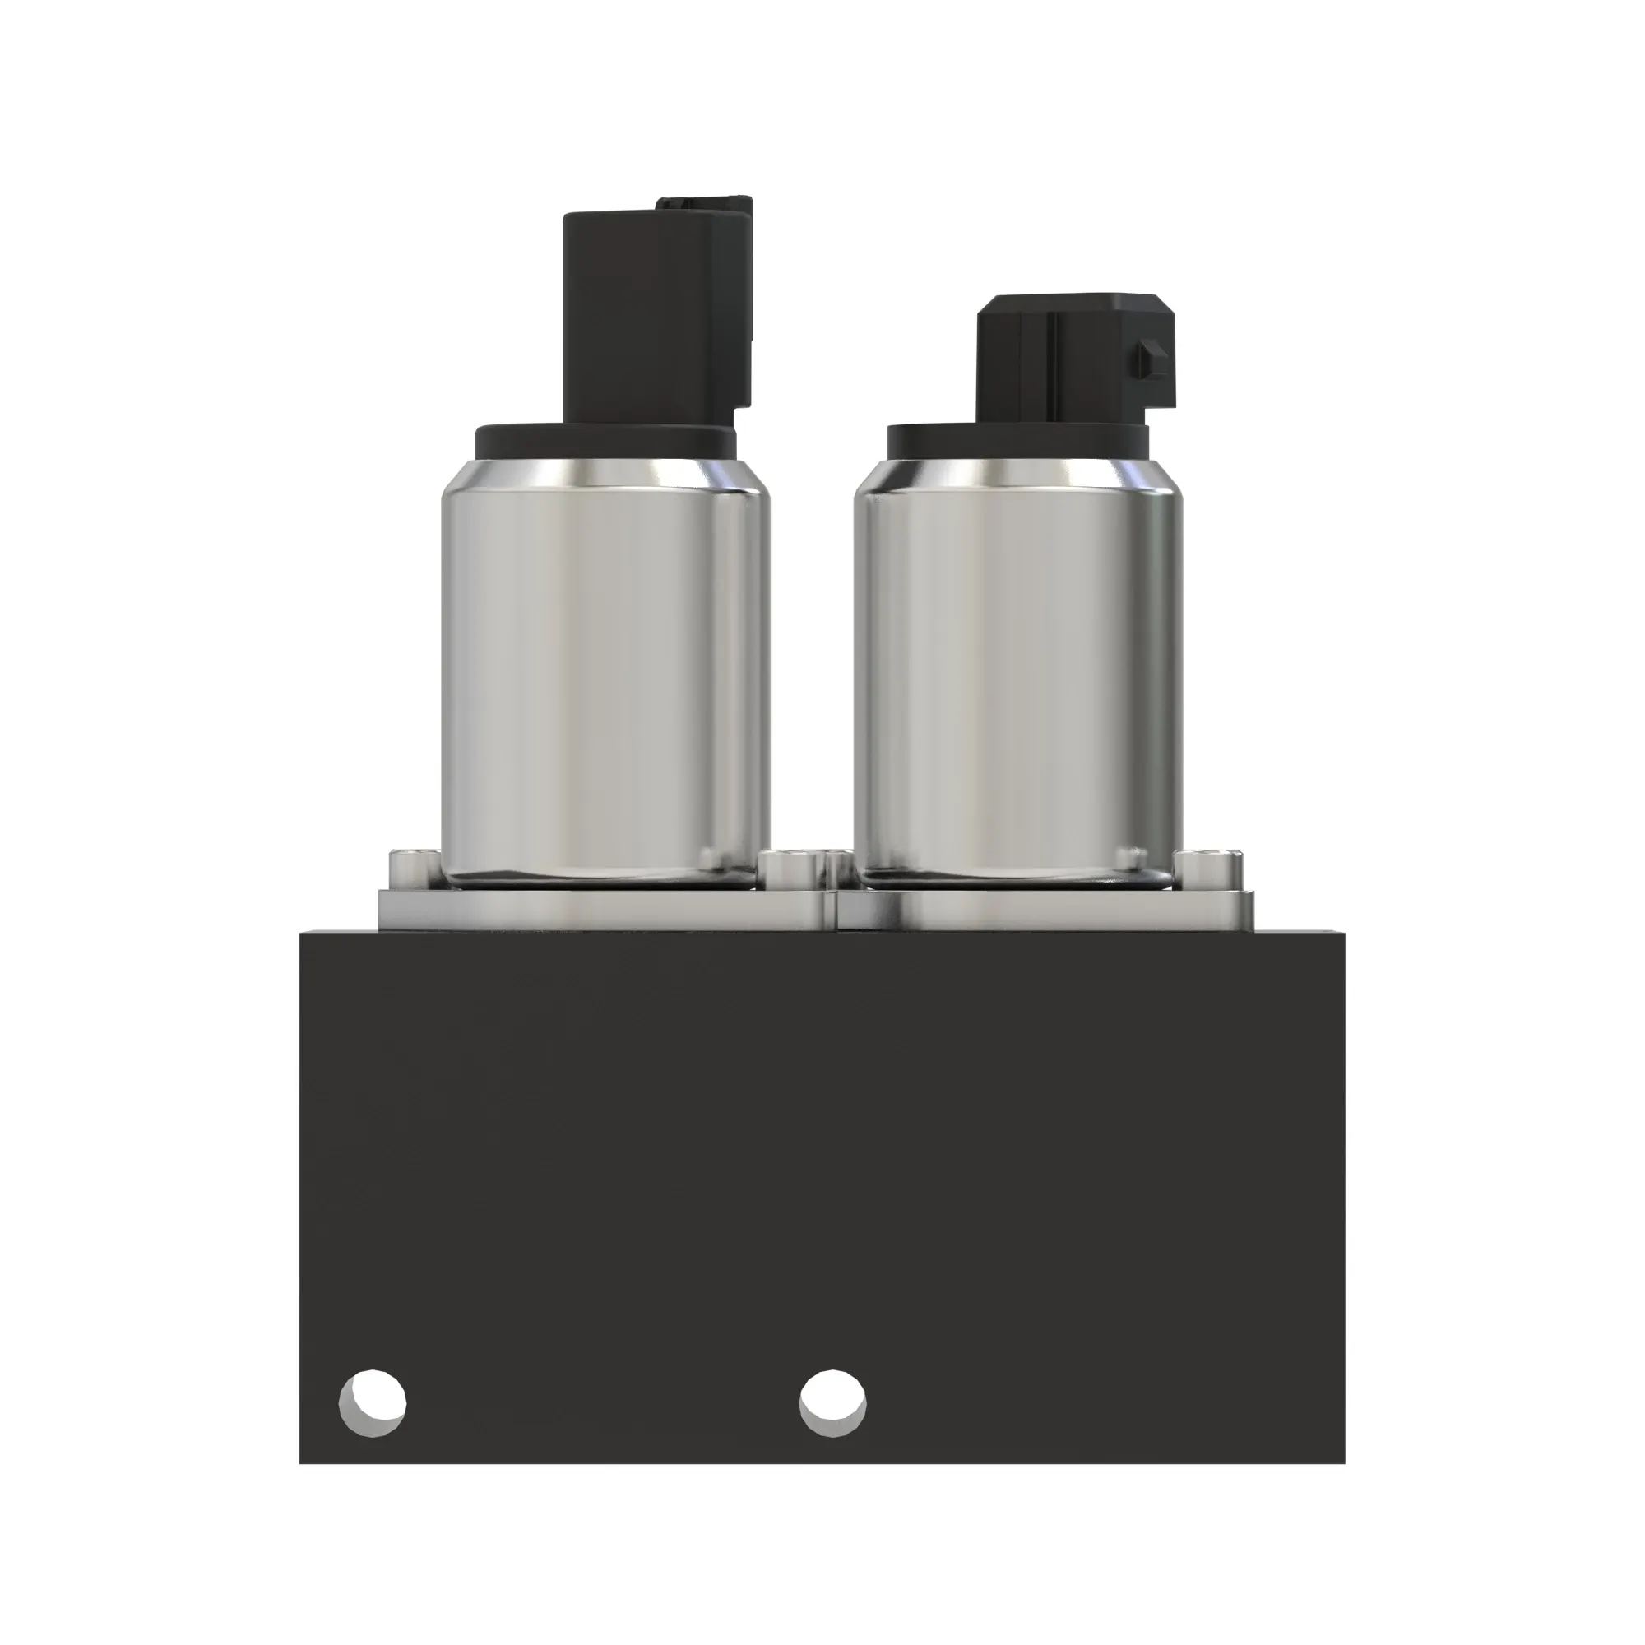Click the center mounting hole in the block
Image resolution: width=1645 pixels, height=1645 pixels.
[832, 1402]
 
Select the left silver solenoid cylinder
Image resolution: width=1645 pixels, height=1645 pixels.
[605, 673]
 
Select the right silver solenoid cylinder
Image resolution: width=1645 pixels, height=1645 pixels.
[1017, 673]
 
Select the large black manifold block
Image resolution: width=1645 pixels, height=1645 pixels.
[822, 1150]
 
